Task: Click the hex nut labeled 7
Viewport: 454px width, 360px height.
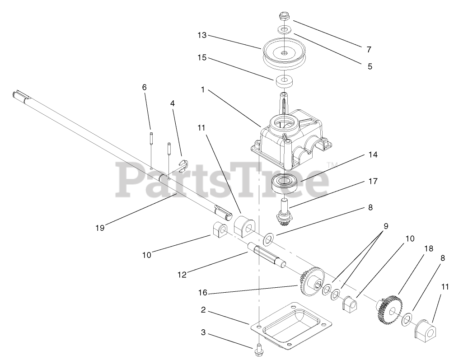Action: click(284, 18)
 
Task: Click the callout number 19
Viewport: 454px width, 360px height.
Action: click(100, 228)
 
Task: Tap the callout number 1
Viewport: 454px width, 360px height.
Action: click(203, 90)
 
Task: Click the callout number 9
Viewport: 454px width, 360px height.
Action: click(386, 226)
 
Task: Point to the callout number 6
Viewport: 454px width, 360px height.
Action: click(145, 87)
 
